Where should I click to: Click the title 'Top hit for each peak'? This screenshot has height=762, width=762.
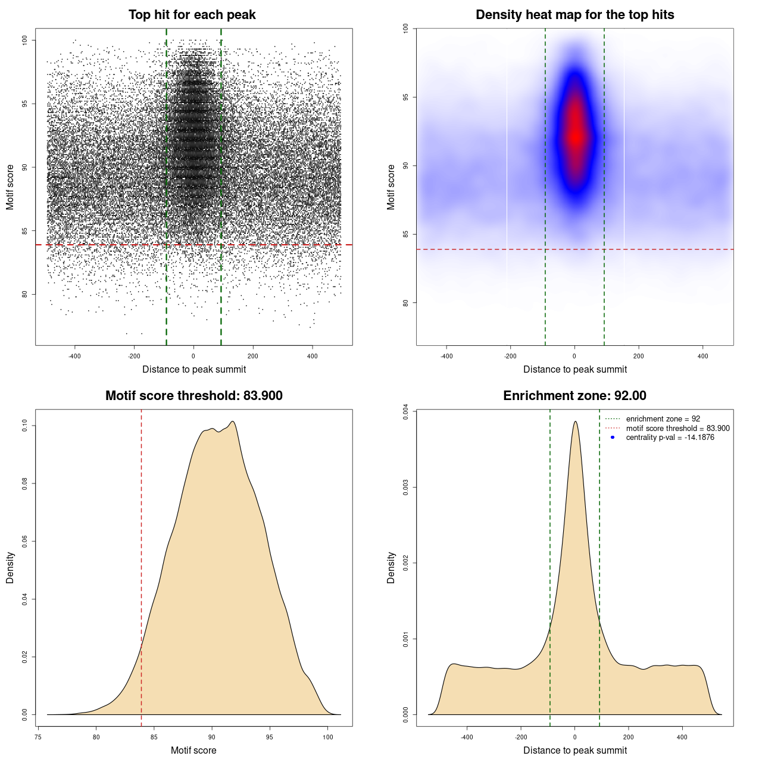pos(192,15)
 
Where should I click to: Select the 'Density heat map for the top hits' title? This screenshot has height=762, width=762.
pos(574,15)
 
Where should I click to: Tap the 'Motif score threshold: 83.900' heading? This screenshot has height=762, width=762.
pos(193,396)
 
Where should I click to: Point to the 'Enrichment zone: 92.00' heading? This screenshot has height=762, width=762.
pos(574,396)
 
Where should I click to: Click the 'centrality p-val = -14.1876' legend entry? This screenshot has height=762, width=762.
pos(670,438)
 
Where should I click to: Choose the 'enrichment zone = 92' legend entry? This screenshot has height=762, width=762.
pos(663,419)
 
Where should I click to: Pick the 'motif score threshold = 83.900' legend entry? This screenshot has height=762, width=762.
pos(677,429)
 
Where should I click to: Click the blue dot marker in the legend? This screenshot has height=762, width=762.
pos(613,438)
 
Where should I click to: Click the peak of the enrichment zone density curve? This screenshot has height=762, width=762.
pos(575,421)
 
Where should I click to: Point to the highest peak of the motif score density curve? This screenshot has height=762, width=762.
pos(233,421)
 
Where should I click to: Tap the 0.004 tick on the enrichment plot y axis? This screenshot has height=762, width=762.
pos(405,411)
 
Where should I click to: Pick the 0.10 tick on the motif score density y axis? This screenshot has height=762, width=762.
pos(24,426)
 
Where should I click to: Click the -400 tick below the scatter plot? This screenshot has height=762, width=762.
pos(74,356)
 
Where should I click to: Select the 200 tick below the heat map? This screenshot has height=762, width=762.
pos(638,356)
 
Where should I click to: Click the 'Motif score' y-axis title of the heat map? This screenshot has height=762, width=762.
pos(391,187)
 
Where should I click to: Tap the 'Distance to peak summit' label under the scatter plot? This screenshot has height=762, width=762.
pos(194,370)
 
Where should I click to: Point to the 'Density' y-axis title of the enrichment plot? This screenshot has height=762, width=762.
pos(391,567)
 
